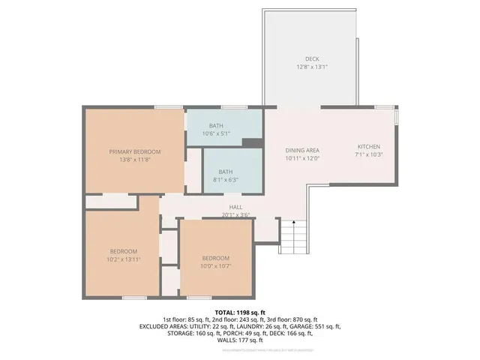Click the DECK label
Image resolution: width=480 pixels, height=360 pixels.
(x=312, y=58)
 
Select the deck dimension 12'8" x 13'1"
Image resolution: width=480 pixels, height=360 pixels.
(x=312, y=67)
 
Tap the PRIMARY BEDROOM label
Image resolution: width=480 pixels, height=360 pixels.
(x=135, y=151)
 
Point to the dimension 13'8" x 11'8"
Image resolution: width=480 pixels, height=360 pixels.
(x=135, y=160)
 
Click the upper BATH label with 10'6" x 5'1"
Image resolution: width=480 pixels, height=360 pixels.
(x=216, y=125)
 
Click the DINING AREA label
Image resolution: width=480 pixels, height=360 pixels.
(x=302, y=151)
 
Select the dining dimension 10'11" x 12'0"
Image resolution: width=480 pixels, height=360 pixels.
(x=302, y=159)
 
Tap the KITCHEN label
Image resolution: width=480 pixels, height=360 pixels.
(x=368, y=146)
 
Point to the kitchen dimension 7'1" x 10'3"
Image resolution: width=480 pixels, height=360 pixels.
(x=368, y=154)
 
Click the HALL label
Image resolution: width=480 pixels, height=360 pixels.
(x=235, y=207)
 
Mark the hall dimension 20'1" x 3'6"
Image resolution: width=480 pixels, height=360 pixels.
(x=235, y=215)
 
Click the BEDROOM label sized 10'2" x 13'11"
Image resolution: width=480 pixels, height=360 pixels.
(x=124, y=250)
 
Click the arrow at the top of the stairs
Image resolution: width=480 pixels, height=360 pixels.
(x=294, y=222)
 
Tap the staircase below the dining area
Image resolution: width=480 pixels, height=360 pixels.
(x=294, y=236)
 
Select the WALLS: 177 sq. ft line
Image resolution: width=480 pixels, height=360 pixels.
(x=239, y=341)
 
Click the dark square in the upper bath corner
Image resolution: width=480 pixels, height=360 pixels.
(x=252, y=142)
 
